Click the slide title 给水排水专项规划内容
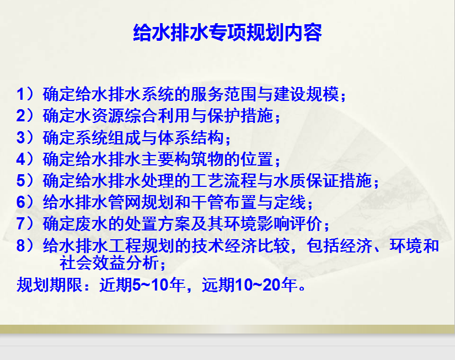pyautogui.click(x=227, y=33)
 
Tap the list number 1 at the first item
pyautogui.click(x=21, y=94)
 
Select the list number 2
pyautogui.click(x=21, y=116)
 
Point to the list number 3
pyautogui.click(x=21, y=137)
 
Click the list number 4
pyautogui.click(x=21, y=159)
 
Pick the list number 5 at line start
pyautogui.click(x=21, y=181)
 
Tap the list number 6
pyautogui.click(x=21, y=202)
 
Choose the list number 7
pyautogui.click(x=21, y=224)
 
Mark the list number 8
pyautogui.click(x=21, y=245)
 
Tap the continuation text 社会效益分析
pyautogui.click(x=109, y=262)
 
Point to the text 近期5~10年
pyautogui.click(x=142, y=284)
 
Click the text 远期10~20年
pyautogui.click(x=249, y=284)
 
